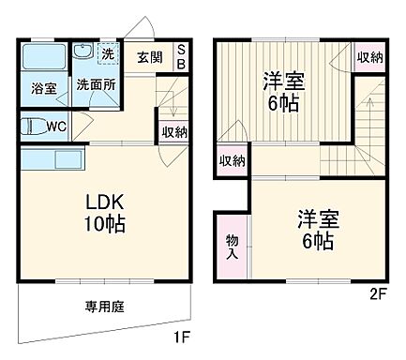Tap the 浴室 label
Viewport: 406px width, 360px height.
pos(44,89)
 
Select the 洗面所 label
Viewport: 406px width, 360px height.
pos(94,83)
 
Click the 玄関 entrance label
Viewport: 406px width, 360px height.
pos(149,56)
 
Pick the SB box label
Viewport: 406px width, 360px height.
pos(181,56)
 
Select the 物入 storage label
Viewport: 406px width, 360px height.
pos(232,246)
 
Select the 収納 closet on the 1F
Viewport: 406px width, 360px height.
pos(173,132)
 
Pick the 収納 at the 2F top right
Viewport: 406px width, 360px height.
pos(369,58)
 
